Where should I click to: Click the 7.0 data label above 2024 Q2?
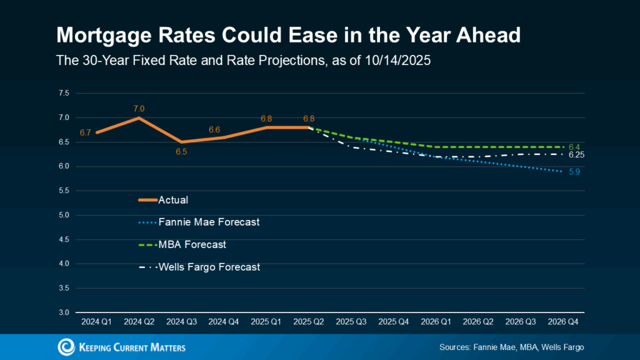[139, 109]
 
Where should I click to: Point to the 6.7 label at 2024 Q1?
[86, 132]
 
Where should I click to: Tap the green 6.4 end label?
[574, 147]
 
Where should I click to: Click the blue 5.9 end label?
[574, 171]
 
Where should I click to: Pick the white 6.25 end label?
[576, 155]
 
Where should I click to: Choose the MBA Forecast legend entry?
[191, 244]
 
